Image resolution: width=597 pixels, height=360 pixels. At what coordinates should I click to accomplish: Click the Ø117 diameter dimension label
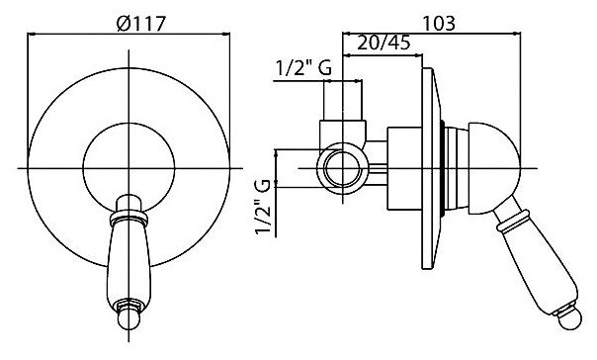pos(141,24)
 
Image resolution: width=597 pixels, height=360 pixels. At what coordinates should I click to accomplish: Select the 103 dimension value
pos(439,23)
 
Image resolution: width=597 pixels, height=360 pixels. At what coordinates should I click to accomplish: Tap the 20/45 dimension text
pos(384,43)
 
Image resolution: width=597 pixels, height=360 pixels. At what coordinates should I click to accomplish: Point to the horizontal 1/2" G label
pos(303,68)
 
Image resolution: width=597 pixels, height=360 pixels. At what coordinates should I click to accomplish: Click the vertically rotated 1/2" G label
pos(263,207)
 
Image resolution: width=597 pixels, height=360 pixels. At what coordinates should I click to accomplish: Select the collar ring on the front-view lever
pos(128,218)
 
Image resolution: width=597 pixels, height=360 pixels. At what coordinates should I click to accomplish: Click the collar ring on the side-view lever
pos(512,221)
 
